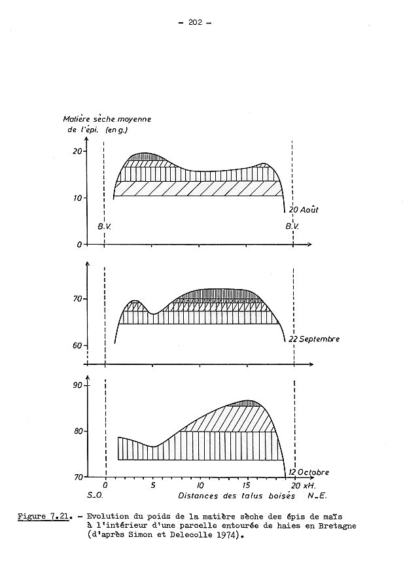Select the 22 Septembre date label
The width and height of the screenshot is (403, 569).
(x=311, y=339)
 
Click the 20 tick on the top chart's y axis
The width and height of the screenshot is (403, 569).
(x=77, y=151)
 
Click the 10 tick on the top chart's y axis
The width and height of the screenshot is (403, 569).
(x=77, y=198)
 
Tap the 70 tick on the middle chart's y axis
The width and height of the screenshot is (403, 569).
(x=77, y=300)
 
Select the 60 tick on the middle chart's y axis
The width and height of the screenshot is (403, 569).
(x=77, y=346)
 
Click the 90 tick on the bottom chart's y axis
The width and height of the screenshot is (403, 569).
(x=77, y=385)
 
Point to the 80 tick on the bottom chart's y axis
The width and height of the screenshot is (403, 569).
(x=77, y=431)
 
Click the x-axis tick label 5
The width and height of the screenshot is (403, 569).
(x=153, y=486)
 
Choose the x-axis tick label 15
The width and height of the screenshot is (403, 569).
(x=246, y=486)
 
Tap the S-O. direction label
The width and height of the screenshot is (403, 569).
(x=95, y=496)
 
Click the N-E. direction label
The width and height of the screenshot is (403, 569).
(x=307, y=496)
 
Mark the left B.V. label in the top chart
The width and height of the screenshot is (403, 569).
(x=105, y=226)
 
